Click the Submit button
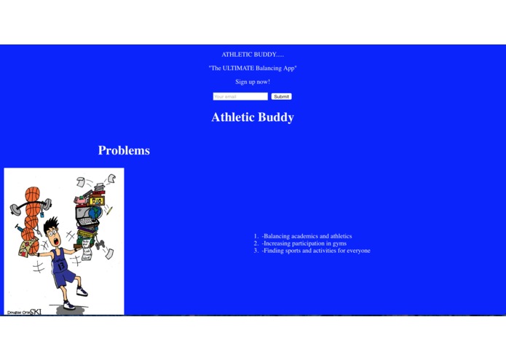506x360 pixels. click(281, 96)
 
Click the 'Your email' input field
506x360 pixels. click(240, 96)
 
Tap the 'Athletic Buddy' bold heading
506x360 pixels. click(253, 117)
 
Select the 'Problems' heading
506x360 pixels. click(124, 151)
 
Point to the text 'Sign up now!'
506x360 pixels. click(253, 82)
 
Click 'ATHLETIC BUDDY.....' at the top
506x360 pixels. click(253, 55)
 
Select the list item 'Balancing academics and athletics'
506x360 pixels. click(307, 236)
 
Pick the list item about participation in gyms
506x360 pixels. click(304, 243)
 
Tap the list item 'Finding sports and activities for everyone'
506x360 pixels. click(316, 251)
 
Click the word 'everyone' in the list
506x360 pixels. click(357, 251)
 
